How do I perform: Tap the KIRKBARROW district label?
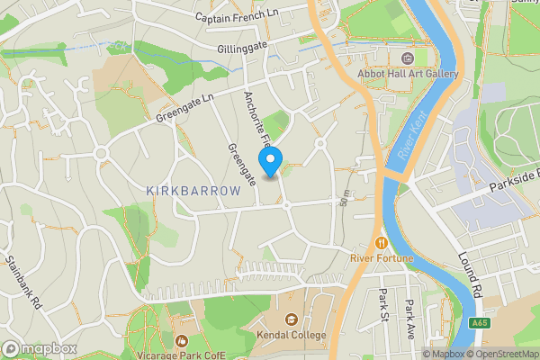[x=193, y=191]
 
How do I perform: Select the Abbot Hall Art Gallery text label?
[x=408, y=75]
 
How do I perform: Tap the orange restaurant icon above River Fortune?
[x=382, y=242]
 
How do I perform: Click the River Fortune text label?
[x=382, y=259]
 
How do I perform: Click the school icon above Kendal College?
[x=292, y=319]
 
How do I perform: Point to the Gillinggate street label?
[x=243, y=47]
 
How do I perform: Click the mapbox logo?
[x=38, y=348]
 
